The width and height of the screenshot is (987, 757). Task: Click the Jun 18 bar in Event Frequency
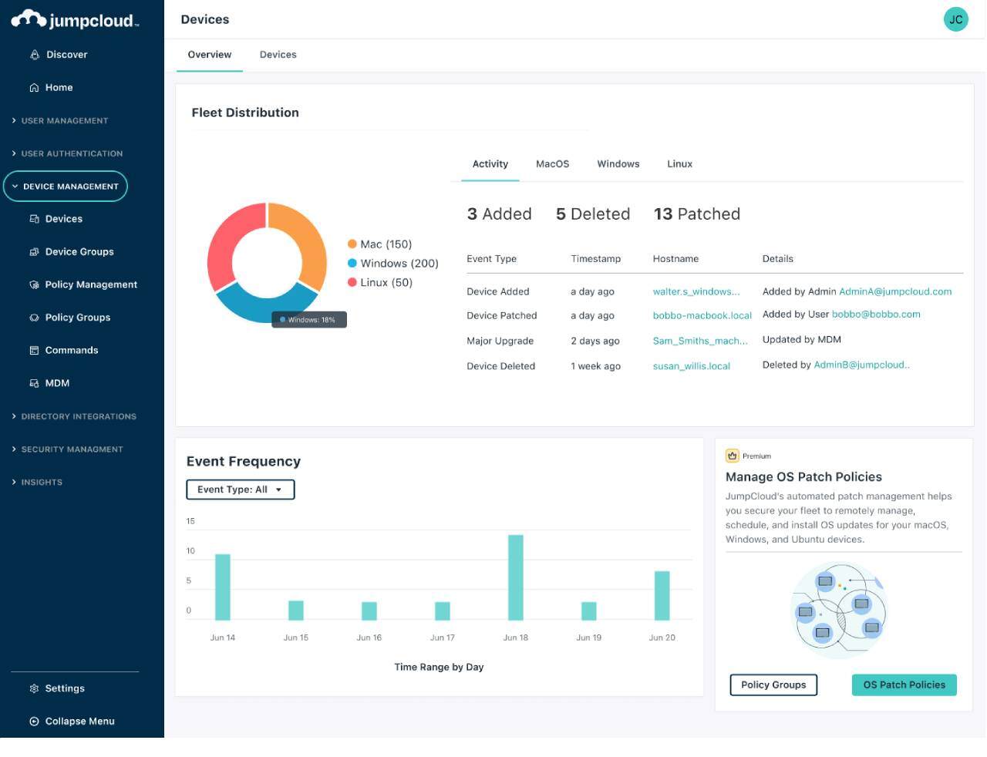tap(515, 577)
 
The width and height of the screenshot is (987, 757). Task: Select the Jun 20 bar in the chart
tap(662, 595)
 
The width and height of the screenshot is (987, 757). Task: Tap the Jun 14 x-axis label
tap(222, 638)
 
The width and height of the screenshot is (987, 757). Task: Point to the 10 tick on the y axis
tap(190, 551)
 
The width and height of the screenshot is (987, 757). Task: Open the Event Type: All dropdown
tap(240, 490)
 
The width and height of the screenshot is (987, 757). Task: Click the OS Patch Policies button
tap(904, 685)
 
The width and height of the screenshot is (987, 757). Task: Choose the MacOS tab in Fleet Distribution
tap(552, 164)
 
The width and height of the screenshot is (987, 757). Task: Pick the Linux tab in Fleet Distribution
tap(679, 164)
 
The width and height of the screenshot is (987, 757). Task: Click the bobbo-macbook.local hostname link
tap(702, 316)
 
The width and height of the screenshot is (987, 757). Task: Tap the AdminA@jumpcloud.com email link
tap(894, 292)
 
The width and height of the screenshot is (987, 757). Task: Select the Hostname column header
tap(675, 259)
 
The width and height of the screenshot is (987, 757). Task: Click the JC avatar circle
tap(955, 19)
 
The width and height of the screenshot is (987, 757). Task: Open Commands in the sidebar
tap(71, 350)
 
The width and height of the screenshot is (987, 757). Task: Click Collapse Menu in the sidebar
tap(79, 722)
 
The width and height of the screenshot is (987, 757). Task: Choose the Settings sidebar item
tap(65, 688)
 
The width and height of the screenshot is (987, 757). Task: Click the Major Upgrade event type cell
tap(500, 341)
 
